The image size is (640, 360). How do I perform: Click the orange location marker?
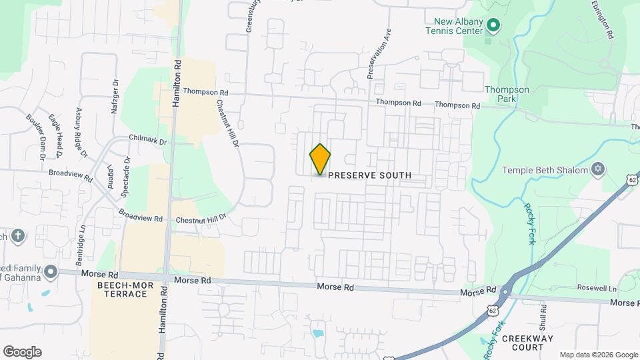[320, 159]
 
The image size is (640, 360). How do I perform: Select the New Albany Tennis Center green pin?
[493, 27]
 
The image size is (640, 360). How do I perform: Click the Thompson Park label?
[507, 94]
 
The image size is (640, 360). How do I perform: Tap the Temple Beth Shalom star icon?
[598, 169]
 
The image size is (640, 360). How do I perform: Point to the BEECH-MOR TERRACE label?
[122, 289]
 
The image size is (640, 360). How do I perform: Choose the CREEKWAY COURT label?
[527, 343]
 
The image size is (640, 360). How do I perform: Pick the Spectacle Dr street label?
[125, 178]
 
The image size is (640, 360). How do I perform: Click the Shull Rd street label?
[544, 317]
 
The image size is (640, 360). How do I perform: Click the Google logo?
[22, 352]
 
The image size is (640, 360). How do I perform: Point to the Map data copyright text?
[599, 355]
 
